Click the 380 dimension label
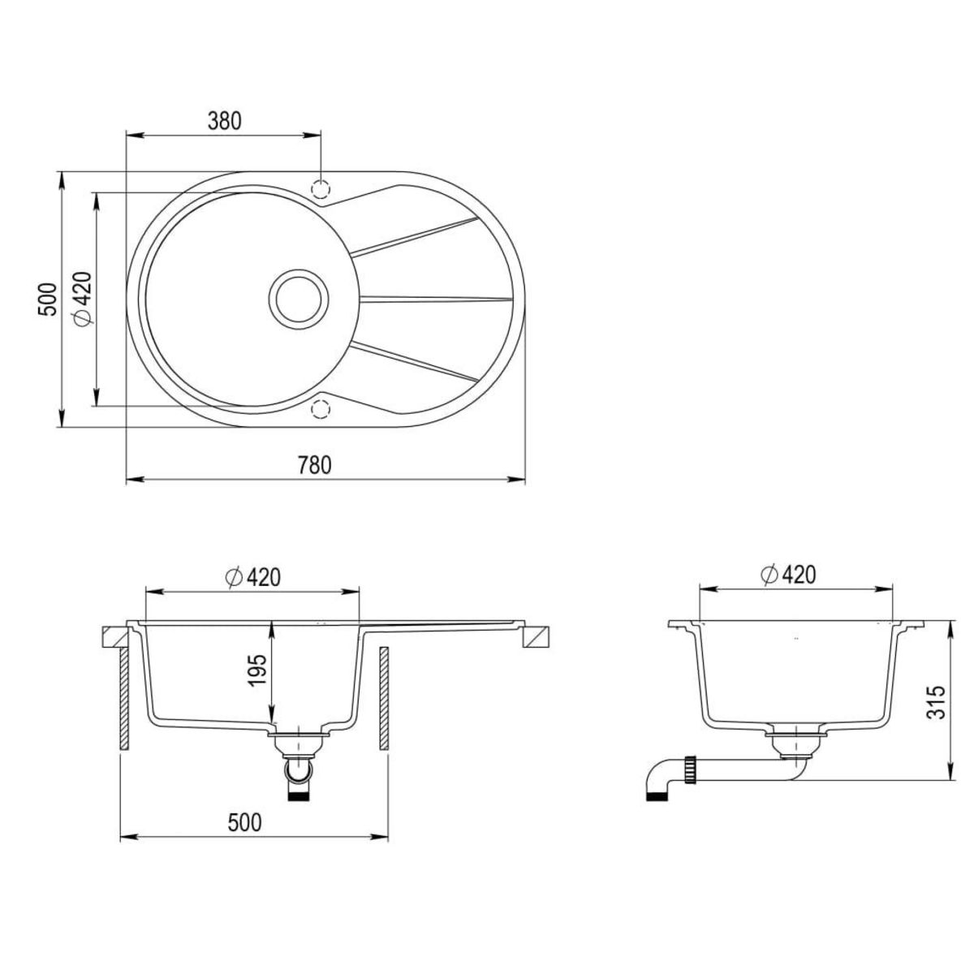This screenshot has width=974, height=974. click(x=225, y=121)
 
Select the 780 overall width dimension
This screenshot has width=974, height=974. click(x=315, y=466)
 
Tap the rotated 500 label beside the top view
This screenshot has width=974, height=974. click(x=49, y=299)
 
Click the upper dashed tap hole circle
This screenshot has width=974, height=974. click(x=321, y=187)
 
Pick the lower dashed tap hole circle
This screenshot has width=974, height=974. click(x=321, y=408)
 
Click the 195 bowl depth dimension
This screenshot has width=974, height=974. click(x=258, y=671)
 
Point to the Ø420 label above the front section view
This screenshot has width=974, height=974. click(x=252, y=577)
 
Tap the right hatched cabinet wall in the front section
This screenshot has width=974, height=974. click(x=384, y=698)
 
